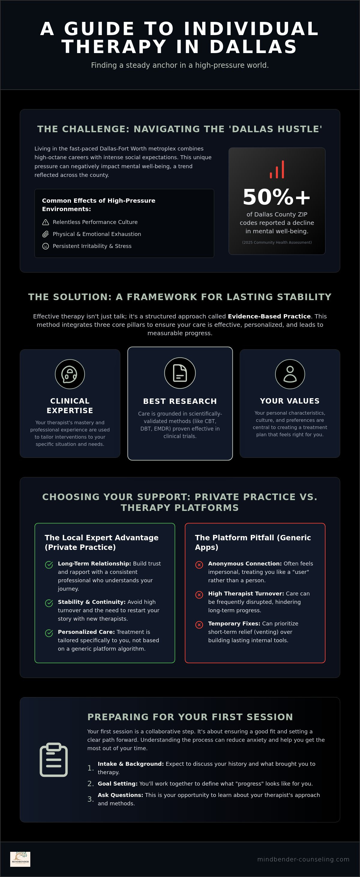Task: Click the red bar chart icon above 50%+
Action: point(277,169)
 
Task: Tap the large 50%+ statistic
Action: point(277,197)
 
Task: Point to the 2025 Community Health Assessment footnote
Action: point(277,242)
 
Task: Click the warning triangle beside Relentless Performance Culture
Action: point(45,222)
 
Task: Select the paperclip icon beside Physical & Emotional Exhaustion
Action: point(45,234)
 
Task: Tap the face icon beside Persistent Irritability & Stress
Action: point(45,246)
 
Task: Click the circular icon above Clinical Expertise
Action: point(70,374)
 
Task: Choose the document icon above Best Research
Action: point(180,373)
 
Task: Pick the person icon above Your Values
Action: point(290,374)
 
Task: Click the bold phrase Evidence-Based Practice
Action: point(269,316)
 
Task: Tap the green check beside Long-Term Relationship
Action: point(49,565)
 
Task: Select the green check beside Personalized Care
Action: point(49,633)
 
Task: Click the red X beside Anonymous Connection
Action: point(199,565)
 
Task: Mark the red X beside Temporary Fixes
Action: point(199,625)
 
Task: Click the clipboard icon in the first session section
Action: point(54,760)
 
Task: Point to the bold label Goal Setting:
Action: point(118,784)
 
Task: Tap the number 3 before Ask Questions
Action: point(90,799)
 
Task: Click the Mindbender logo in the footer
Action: point(20,859)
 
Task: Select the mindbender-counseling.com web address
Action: point(304,859)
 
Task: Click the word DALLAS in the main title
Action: point(253,47)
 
